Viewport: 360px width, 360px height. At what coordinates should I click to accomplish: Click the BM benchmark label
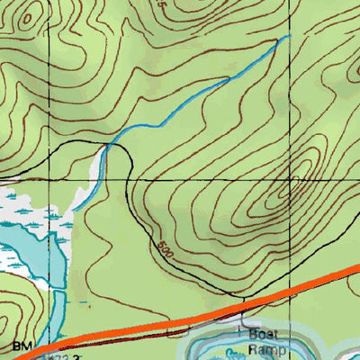click(x=21, y=346)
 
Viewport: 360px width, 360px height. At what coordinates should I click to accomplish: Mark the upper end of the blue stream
click(x=290, y=36)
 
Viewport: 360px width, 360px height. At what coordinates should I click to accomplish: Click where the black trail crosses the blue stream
click(x=109, y=144)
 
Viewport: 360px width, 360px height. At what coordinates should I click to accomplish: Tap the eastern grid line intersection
click(x=292, y=179)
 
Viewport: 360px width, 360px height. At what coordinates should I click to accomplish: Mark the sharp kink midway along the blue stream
click(x=227, y=79)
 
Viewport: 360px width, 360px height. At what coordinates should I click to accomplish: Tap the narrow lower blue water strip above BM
click(x=50, y=324)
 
